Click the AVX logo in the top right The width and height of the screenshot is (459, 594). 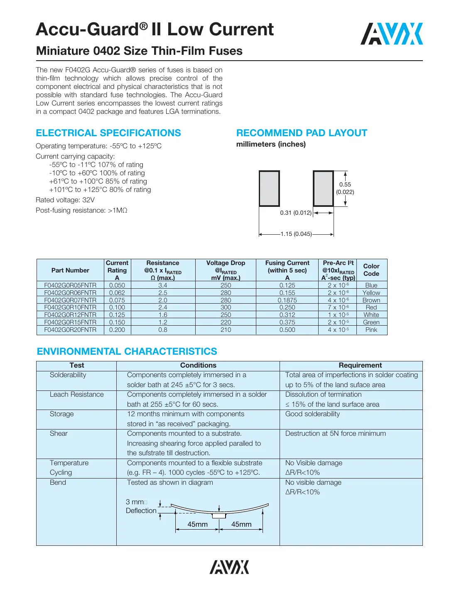click(391, 34)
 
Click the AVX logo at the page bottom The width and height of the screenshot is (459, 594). click(229, 567)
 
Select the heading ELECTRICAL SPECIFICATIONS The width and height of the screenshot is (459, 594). click(108, 133)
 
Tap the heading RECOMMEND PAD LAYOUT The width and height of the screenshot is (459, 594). click(302, 133)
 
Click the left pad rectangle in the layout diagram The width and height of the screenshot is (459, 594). click(269, 188)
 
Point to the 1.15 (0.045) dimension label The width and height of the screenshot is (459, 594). click(296, 234)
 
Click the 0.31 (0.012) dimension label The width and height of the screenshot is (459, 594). click(295, 213)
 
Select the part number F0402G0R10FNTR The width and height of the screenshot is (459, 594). click(70, 307)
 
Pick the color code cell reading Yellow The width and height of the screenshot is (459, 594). click(371, 293)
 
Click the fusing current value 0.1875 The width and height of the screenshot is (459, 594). click(287, 300)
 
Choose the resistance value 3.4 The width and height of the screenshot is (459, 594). click(162, 285)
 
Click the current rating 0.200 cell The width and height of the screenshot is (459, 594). click(117, 330)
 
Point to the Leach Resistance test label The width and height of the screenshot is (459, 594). click(76, 395)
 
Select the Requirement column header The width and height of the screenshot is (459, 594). click(360, 366)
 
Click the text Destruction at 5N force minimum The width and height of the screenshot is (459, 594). click(335, 434)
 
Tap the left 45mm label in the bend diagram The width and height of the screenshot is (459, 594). click(197, 524)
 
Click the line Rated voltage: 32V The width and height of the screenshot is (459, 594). click(65, 200)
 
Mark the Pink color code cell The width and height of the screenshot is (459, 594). click(371, 330)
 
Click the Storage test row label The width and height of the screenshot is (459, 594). click(61, 414)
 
